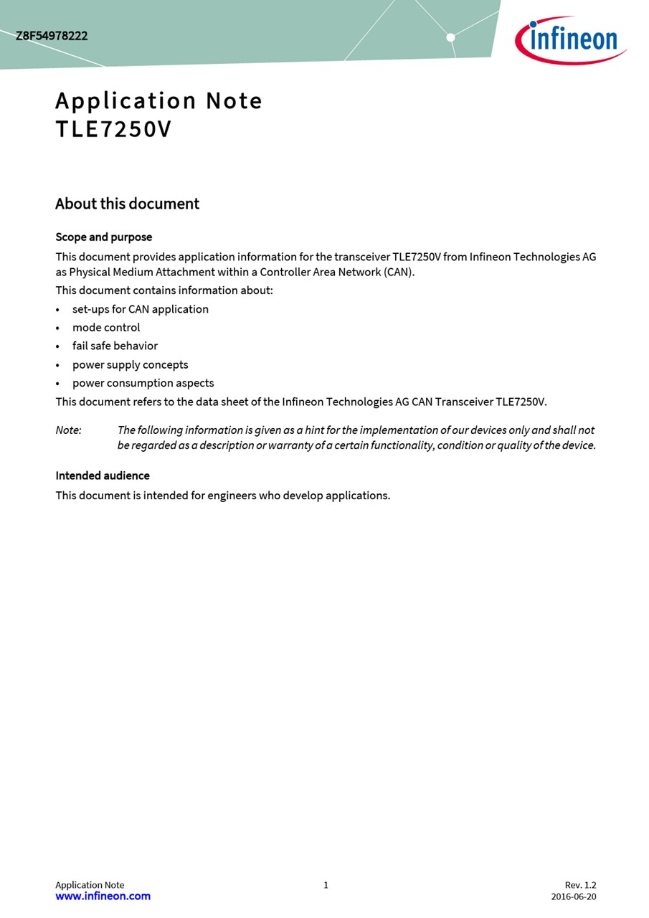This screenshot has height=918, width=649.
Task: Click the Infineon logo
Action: (571, 40)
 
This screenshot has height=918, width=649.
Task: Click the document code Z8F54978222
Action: (52, 36)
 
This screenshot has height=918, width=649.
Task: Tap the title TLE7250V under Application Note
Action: (113, 130)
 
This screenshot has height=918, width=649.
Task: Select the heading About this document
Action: (127, 204)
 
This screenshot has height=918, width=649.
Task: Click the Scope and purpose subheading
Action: (104, 237)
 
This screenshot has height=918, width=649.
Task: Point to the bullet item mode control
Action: (106, 328)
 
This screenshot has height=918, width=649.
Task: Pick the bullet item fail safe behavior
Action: (115, 346)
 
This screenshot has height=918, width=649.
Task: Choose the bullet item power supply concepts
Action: (130, 364)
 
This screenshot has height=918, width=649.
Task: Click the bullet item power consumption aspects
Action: (143, 383)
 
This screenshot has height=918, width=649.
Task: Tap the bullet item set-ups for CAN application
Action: (141, 309)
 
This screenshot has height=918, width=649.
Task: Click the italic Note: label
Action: (69, 430)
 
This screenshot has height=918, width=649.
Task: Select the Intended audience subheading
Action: (103, 475)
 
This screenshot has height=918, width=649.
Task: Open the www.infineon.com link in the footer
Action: (103, 896)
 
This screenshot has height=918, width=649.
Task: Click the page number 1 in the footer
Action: (326, 885)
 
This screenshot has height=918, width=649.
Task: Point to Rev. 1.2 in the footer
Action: (580, 885)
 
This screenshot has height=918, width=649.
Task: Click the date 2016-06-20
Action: (573, 896)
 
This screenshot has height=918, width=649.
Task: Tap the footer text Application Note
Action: (90, 885)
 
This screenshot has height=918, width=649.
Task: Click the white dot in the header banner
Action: (450, 37)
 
